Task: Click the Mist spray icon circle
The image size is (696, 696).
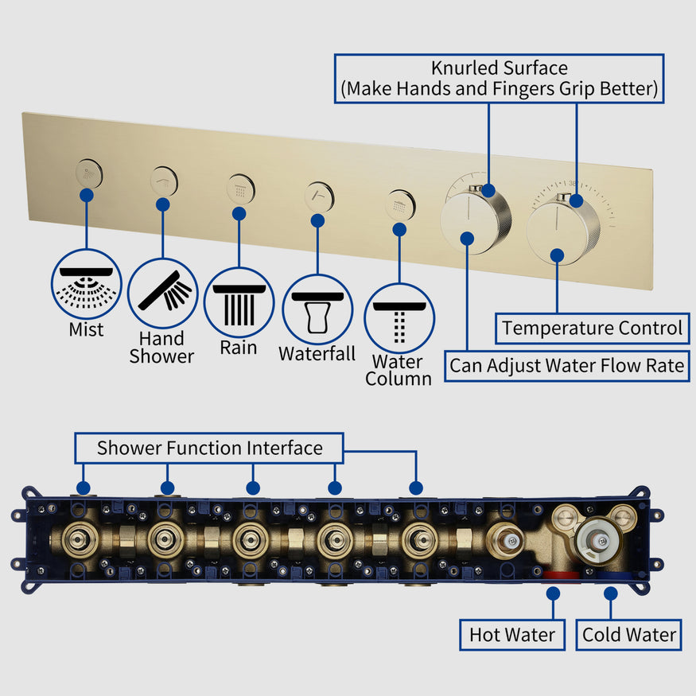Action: coord(86,284)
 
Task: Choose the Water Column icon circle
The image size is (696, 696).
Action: coord(399,317)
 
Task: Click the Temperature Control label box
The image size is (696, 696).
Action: coord(592,328)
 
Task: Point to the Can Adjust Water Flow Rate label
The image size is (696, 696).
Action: coord(566,366)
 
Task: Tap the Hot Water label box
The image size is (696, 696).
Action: coord(512,635)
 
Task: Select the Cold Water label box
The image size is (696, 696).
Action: coord(628,635)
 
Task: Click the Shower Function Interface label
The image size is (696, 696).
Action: coord(209,448)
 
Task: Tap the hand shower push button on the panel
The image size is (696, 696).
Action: coord(164,181)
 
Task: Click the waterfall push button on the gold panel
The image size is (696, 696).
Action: coord(320,196)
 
